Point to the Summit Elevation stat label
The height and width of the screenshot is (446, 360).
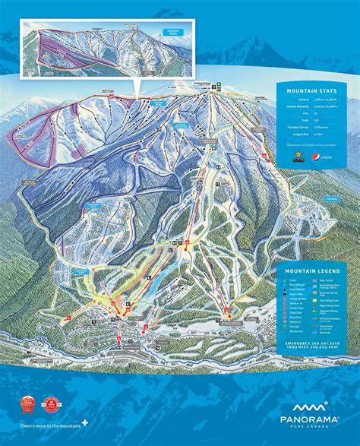point(298,107)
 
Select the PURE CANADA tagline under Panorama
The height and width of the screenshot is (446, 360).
point(303,427)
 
